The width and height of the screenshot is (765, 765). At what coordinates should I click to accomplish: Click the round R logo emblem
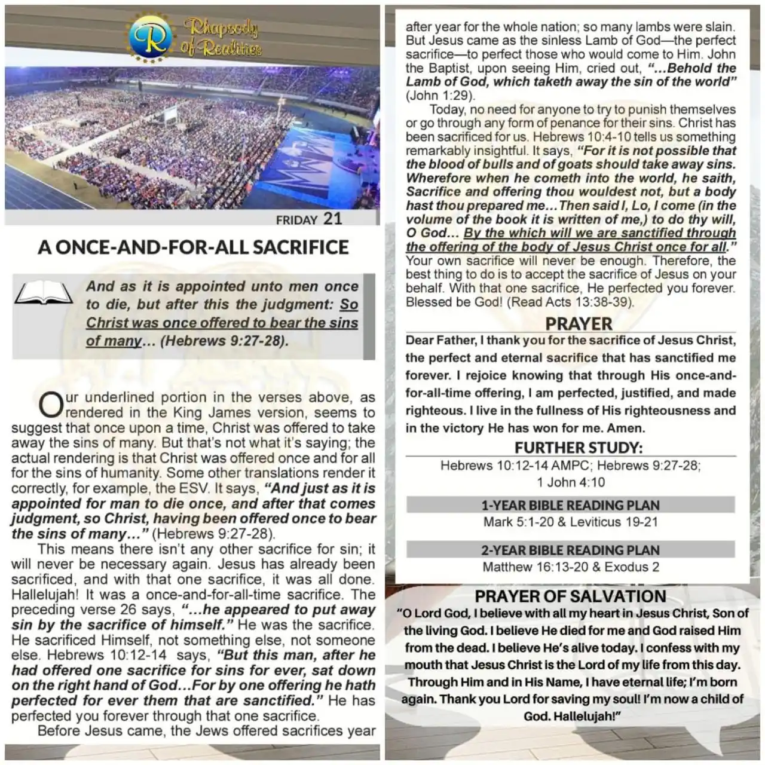[150, 38]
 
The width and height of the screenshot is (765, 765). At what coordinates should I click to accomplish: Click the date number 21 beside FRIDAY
[333, 219]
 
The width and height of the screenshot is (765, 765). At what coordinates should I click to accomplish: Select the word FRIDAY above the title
[296, 220]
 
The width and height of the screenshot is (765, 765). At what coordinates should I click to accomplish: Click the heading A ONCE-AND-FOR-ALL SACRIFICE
[193, 247]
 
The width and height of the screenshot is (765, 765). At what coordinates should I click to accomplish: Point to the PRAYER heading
[579, 324]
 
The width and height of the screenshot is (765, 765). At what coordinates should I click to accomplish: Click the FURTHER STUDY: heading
[579, 448]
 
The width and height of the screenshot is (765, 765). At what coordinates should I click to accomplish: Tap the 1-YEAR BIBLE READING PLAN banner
[570, 505]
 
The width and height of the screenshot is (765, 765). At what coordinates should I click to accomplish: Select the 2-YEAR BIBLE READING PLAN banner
[570, 550]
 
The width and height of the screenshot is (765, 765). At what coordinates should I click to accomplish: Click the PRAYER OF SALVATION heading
[570, 596]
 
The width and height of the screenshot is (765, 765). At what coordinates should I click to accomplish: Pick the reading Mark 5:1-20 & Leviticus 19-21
[570, 522]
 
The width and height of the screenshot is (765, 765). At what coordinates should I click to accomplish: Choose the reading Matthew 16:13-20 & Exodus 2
[570, 567]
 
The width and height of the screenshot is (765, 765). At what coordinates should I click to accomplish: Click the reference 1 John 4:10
[571, 482]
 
